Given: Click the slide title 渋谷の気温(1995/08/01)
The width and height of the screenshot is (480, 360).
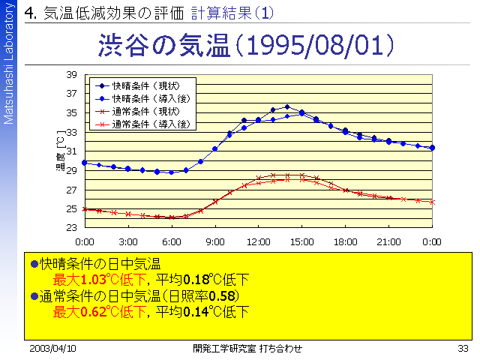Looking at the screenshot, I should [247, 46].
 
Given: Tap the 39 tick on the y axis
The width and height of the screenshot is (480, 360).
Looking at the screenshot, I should [72, 75].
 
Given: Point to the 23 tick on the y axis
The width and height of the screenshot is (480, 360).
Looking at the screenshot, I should [72, 228].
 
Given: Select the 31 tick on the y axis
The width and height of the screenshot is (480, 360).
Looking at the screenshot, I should [72, 151].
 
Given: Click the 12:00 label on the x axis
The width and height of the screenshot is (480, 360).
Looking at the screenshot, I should [258, 241].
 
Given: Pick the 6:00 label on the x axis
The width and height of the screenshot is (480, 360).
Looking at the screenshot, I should [171, 241].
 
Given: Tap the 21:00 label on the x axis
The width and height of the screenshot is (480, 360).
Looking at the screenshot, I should [388, 241].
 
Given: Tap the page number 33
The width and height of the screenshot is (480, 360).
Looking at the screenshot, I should [462, 349].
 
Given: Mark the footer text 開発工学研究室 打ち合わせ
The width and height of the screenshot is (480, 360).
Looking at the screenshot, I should [247, 349].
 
